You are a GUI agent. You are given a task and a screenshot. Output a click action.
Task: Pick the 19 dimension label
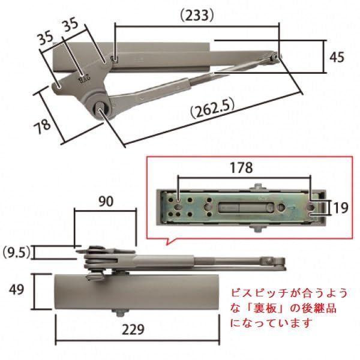pyautogui.click(x=340, y=208)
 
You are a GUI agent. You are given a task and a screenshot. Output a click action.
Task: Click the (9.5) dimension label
pyautogui.click(x=17, y=251)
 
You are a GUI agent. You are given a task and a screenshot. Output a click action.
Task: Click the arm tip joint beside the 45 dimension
pyautogui.click(x=275, y=57)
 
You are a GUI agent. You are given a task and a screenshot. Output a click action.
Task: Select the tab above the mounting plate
pyautogui.click(x=256, y=187)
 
